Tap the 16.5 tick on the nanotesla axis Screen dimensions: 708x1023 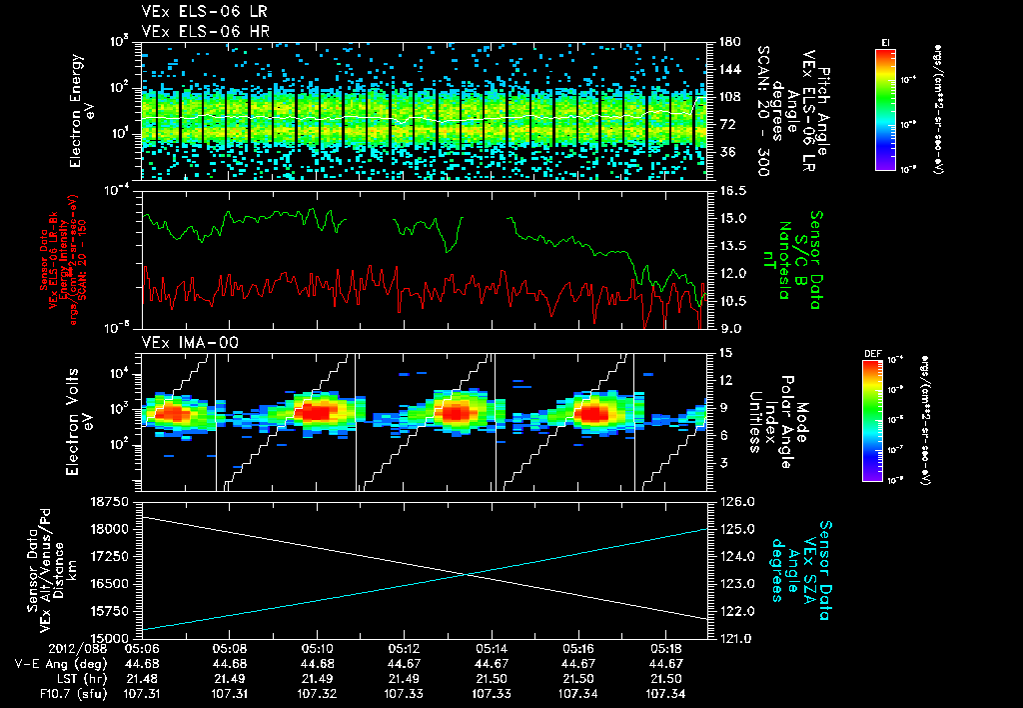(x=734, y=190)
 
